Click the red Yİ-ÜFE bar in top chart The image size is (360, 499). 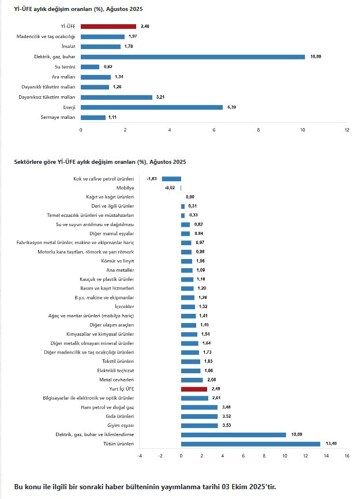(x=108, y=26)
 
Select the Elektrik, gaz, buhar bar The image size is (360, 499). (x=193, y=57)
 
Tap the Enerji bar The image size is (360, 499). (x=152, y=107)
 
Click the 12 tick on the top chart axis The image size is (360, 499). (x=347, y=130)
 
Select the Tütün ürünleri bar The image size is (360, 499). (x=250, y=444)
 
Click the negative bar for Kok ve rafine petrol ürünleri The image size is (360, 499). (x=171, y=179)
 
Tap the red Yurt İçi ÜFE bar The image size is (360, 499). (x=194, y=389)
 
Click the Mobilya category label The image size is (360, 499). (x=125, y=188)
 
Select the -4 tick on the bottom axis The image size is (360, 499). (x=139, y=456)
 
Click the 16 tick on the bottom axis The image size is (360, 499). (x=347, y=456)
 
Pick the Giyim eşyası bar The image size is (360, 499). (x=199, y=426)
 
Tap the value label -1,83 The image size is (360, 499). (x=152, y=179)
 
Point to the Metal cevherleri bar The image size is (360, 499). (x=192, y=380)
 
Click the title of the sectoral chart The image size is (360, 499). (x=100, y=162)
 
